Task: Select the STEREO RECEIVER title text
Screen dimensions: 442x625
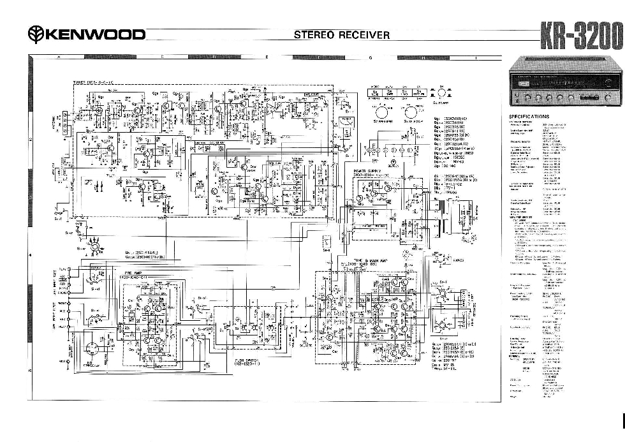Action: tap(341, 35)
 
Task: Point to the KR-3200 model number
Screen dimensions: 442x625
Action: tap(580, 36)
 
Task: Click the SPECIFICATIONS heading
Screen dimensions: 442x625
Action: tap(528, 117)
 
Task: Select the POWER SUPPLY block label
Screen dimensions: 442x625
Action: tap(368, 171)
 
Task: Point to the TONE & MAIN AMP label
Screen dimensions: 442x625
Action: tap(345, 260)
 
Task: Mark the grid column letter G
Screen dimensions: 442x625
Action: tap(370, 58)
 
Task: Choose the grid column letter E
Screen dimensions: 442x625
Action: tap(267, 58)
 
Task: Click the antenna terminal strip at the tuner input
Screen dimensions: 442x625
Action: tap(64, 123)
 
